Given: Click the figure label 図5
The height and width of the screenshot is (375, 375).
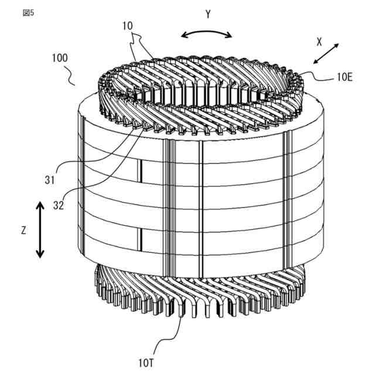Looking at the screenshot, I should pos(28,13).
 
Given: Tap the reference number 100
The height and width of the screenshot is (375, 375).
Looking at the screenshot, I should pos(59,58).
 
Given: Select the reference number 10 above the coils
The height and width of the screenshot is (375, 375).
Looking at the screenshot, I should pos(128,26).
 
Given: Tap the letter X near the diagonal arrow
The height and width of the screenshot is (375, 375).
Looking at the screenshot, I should pos(319,42).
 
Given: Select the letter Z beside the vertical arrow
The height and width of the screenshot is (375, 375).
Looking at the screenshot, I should pos(23,230).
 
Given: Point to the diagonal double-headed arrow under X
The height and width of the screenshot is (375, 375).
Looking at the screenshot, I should pos(325,53).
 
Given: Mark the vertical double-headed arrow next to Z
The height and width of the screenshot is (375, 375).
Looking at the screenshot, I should pos(39,230).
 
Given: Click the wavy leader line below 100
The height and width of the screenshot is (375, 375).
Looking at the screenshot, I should pos(71,75).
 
